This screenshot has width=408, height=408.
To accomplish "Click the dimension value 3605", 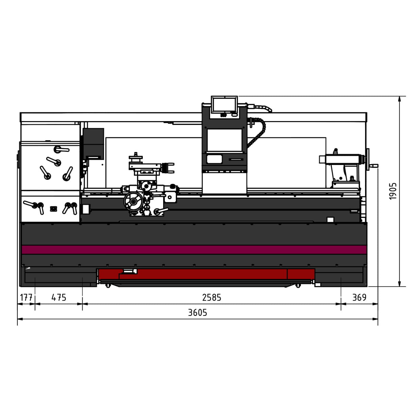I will (x=198, y=312).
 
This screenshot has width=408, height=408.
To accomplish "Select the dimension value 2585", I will (x=211, y=297).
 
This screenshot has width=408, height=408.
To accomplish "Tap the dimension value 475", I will (x=59, y=297).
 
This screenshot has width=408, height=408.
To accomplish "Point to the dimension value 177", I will (x=26, y=297).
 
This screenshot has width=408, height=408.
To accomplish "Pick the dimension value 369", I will (x=359, y=297).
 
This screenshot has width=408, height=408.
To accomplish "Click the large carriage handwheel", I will (x=133, y=202).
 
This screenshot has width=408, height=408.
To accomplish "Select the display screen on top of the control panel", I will (x=224, y=104).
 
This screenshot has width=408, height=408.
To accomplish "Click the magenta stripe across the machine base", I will (x=194, y=250).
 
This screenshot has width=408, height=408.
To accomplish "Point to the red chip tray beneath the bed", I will (x=204, y=274).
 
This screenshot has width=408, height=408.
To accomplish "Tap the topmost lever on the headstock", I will (x=61, y=149).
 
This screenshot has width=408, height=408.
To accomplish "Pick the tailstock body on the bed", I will (x=342, y=167).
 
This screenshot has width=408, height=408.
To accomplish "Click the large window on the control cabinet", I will (x=224, y=140).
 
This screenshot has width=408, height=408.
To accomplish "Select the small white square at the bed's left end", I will (x=86, y=209).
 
